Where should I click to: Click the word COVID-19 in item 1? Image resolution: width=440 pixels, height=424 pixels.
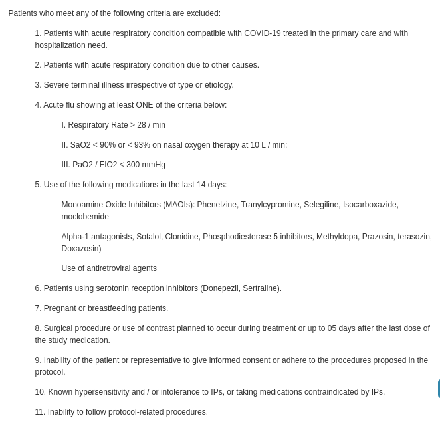(262, 33)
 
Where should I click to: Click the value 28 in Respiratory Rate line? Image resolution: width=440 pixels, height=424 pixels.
(142, 125)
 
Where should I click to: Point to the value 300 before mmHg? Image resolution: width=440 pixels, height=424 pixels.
(133, 165)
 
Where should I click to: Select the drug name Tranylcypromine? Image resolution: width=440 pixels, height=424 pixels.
(270, 205)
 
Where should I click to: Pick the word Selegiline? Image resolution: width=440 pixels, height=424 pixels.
(321, 205)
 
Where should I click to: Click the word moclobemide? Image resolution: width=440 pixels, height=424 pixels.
(85, 217)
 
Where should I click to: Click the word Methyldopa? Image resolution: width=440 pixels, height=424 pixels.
(337, 237)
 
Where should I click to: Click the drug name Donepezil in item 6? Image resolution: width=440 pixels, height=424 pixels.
(223, 288)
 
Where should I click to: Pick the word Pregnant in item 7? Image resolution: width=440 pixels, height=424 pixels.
(59, 308)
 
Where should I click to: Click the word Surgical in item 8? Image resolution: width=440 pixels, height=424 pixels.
(59, 328)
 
